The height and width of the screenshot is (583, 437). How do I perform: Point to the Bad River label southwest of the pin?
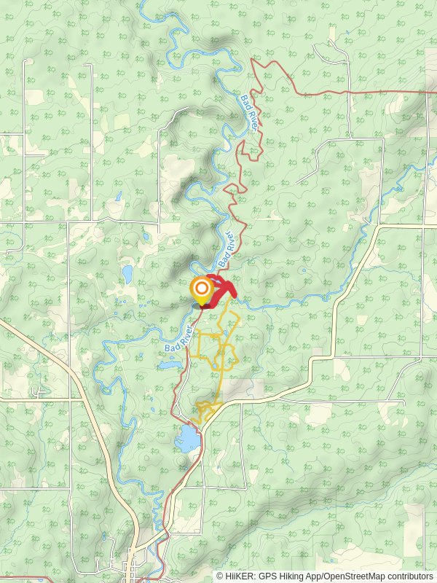point(179,340)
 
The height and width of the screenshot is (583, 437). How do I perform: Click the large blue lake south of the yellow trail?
point(186,439)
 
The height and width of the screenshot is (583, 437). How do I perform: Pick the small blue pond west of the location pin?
point(127,274)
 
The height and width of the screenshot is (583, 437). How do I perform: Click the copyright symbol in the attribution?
point(220,576)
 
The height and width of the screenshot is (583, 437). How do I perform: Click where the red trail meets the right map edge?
point(435,93)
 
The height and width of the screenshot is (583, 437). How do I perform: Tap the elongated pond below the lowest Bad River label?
point(167,362)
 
